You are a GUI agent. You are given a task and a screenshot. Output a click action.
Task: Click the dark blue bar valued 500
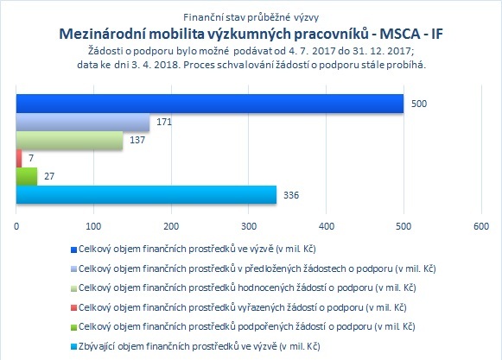tap(210, 104)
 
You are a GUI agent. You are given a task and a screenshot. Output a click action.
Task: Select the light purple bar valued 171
tap(83, 122)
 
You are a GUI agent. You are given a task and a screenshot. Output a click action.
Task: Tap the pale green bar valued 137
tap(69, 140)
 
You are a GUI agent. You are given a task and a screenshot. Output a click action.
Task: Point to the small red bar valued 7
tap(19, 158)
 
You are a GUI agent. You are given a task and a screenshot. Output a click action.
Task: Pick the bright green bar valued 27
tap(27, 176)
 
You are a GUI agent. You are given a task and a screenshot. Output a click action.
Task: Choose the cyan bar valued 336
tap(146, 194)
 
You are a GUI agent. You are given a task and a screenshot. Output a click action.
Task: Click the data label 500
tap(419, 104)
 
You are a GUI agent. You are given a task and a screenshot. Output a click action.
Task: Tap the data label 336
tap(291, 195)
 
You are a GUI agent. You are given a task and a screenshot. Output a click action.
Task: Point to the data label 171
tap(164, 122)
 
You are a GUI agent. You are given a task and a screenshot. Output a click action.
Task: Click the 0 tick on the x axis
tap(16, 226)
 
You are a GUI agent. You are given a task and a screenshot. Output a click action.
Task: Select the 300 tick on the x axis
tap(249, 226)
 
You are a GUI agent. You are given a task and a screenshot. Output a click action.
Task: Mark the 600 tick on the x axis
tap(481, 226)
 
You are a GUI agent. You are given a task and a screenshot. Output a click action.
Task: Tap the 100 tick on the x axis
tap(93, 226)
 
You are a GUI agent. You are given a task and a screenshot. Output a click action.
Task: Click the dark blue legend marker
tap(73, 249)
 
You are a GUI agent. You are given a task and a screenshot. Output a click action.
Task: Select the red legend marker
tap(73, 308)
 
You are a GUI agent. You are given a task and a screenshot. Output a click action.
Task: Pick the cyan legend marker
tap(73, 346)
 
